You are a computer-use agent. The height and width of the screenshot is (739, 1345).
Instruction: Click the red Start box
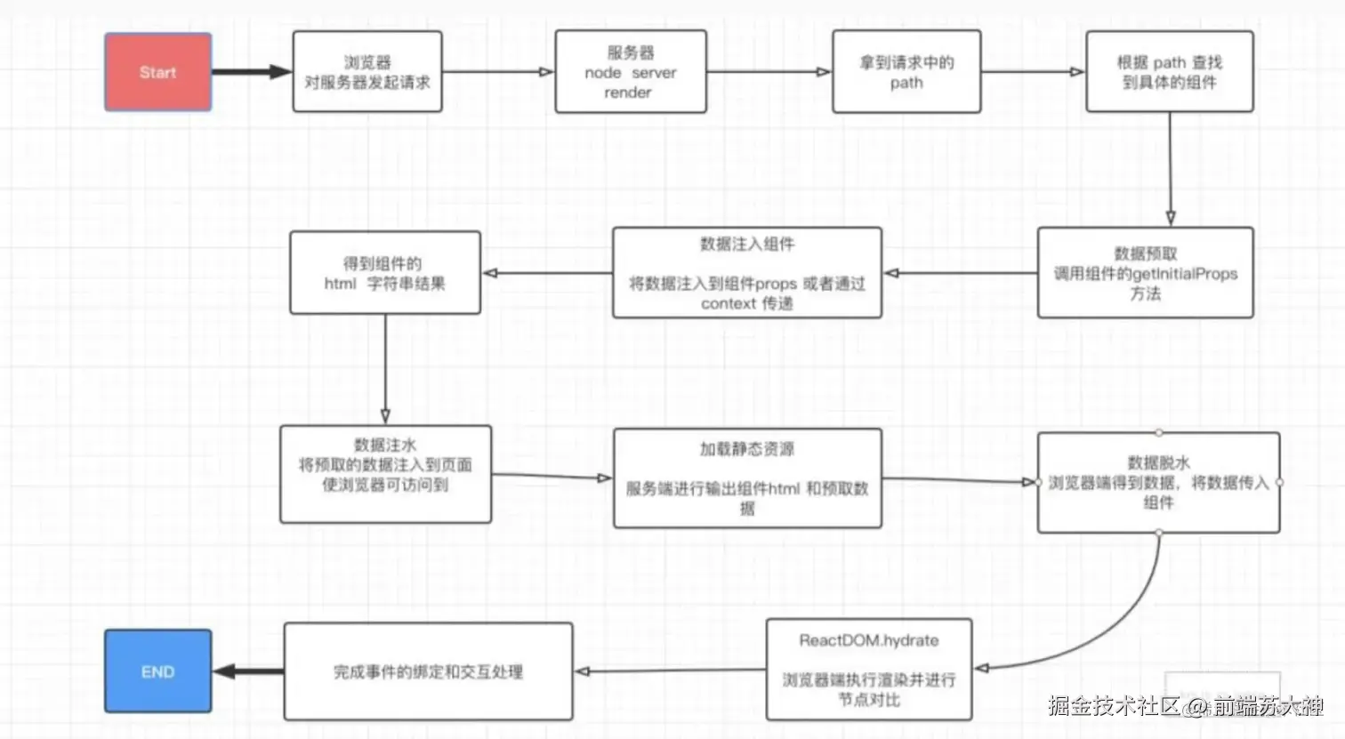pos(158,72)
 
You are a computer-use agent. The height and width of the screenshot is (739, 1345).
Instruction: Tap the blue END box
pos(158,671)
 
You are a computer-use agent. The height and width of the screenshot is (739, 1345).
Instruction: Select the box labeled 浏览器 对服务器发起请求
pos(367,72)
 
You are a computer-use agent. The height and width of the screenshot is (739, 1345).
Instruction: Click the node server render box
pos(631,72)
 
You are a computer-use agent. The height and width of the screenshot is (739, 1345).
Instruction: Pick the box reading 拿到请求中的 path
pos(906,72)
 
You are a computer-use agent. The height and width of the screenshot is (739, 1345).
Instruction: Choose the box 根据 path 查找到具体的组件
pos(1169,72)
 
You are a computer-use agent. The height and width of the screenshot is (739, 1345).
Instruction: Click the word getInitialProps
pos(1184,274)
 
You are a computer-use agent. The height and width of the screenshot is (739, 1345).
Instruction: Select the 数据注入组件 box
pos(746,273)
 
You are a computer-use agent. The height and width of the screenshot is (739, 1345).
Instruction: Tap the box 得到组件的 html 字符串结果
pos(385,273)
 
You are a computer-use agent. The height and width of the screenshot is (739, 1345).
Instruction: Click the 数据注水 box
pos(385,474)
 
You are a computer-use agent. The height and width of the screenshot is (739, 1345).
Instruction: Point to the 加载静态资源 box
pos(747,478)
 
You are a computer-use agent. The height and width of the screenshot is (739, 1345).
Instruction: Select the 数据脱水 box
pos(1158,483)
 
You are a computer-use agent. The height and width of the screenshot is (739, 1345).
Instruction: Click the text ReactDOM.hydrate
pos(868,640)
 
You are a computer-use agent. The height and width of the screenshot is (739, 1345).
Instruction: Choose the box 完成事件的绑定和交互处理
pos(428,671)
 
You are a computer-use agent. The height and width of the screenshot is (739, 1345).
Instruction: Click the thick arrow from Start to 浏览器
pos(251,72)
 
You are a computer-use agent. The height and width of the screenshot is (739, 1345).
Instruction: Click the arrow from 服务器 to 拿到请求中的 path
pos(769,72)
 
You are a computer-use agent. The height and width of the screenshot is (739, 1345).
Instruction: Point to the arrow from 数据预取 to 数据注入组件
pos(959,273)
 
